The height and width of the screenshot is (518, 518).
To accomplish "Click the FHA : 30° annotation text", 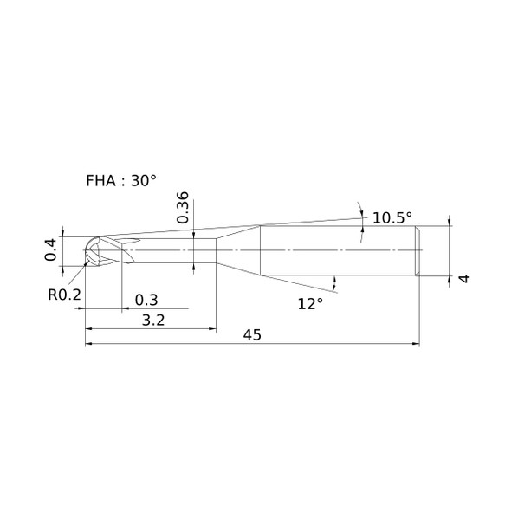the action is [121, 181].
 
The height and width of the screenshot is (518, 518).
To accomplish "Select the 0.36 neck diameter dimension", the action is [183, 207].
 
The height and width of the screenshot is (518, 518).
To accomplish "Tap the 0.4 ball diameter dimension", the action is [50, 249].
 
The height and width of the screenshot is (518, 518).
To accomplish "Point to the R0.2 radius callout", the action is [64, 295].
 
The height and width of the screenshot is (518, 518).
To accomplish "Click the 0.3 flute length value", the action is [146, 300].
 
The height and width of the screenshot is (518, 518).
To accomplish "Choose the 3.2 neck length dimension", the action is [153, 321].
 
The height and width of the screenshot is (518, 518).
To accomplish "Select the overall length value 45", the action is [252, 335].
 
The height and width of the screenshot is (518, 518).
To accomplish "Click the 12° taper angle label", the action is [310, 303].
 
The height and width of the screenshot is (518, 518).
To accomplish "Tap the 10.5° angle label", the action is [392, 218].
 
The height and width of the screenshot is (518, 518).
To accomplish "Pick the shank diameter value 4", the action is [464, 279].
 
